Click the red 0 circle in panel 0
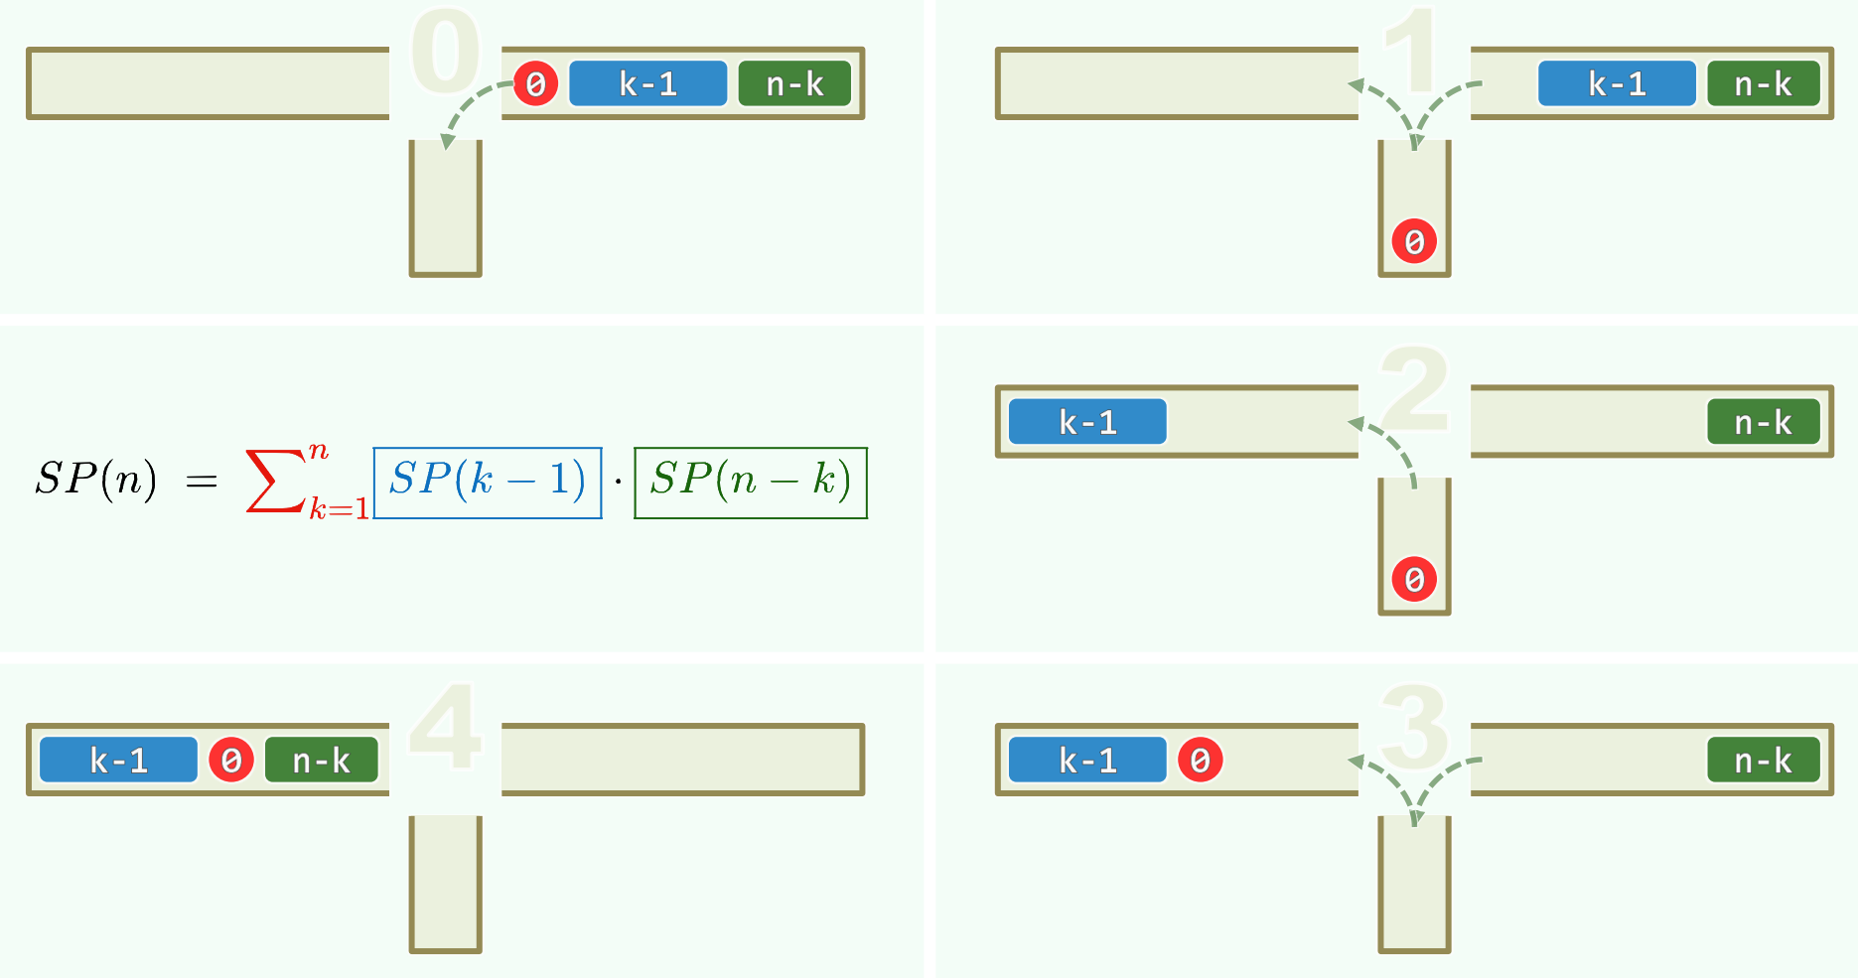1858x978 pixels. [x=536, y=83]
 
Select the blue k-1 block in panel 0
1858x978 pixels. [x=647, y=83]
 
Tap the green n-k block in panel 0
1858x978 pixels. [x=794, y=83]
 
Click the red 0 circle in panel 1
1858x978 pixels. [x=1414, y=241]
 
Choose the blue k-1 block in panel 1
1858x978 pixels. [x=1617, y=83]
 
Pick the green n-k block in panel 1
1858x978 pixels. [x=1763, y=83]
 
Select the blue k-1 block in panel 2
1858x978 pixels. [x=1087, y=422]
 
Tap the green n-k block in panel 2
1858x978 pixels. [x=1763, y=422]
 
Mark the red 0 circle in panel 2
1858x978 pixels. [x=1414, y=579]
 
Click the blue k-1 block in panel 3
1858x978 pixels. [x=1087, y=760]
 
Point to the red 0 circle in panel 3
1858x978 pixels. [x=1200, y=760]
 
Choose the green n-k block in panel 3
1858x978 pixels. [x=1763, y=760]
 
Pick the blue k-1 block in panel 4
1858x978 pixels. [x=118, y=760]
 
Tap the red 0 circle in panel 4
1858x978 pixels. [x=231, y=760]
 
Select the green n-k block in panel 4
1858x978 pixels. [x=321, y=760]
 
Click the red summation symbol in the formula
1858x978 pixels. [x=275, y=481]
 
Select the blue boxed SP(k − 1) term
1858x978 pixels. [x=488, y=483]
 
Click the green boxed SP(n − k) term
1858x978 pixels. [x=751, y=483]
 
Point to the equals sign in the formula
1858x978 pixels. [x=202, y=481]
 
